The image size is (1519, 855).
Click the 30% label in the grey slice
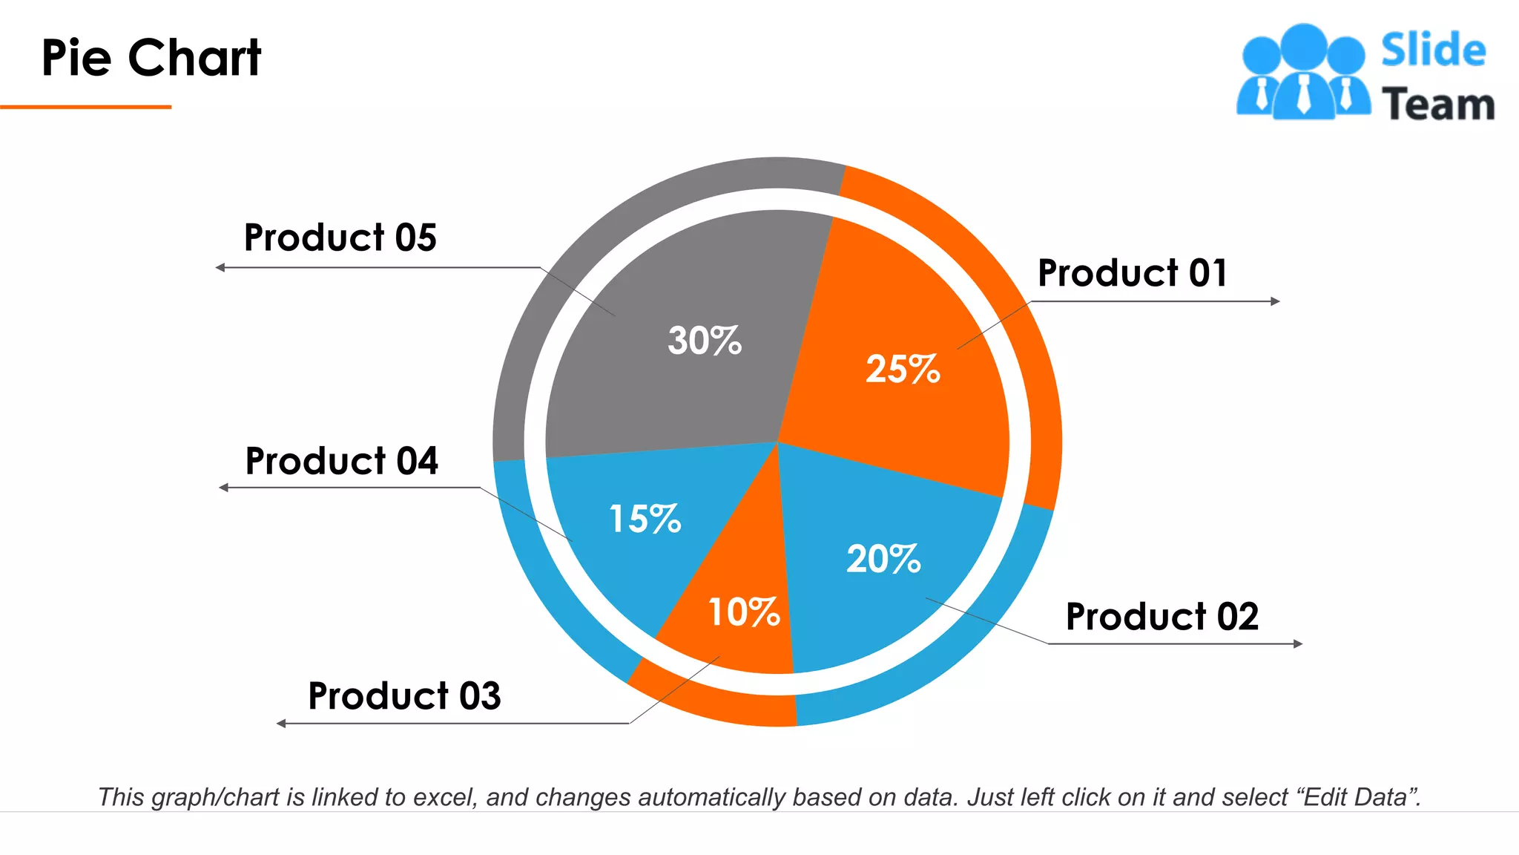pos(704,341)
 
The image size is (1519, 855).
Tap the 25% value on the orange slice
pos(903,369)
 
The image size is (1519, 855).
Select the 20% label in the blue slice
pos(883,559)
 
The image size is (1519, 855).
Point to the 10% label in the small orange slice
pos(744,612)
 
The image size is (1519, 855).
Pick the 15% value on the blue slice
pos(645,518)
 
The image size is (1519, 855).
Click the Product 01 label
pos(1133,272)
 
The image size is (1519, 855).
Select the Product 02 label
pos(1162,617)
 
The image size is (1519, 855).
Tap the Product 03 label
pos(404,696)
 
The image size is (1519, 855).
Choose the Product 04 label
pos(341,461)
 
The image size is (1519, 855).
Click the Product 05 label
pos(340,237)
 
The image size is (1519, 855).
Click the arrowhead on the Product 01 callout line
pos(1276,301)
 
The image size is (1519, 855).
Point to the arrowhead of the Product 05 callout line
pos(220,267)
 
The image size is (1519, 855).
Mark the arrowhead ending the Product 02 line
pos(1298,643)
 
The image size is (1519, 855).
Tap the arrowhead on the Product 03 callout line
pos(281,723)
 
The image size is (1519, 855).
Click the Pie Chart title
pos(151,58)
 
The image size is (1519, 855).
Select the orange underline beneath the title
pos(85,107)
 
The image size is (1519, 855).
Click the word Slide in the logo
pos(1433,50)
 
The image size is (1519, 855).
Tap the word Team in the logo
pos(1437,104)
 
